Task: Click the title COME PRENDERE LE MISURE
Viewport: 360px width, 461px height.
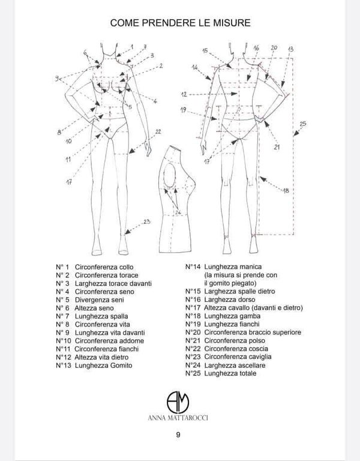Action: (x=180, y=22)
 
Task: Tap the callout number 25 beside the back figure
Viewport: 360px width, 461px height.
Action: (x=302, y=124)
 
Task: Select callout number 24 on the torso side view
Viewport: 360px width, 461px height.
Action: (x=178, y=212)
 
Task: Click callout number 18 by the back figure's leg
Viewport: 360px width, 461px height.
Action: (x=286, y=190)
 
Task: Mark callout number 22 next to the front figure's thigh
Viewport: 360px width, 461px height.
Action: (x=158, y=131)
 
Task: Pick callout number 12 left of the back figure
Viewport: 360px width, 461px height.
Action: (x=185, y=94)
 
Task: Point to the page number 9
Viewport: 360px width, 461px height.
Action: (x=179, y=436)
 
